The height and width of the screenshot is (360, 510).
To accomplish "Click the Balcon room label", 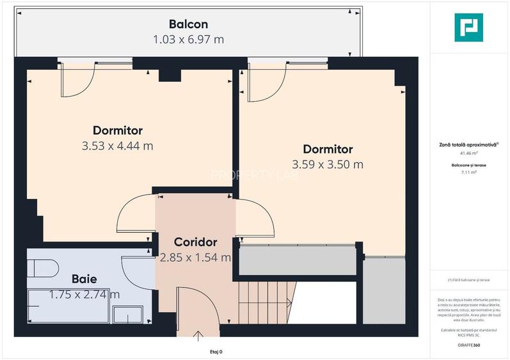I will click(188, 24).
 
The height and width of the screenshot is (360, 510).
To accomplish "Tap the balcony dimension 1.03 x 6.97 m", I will click(188, 40).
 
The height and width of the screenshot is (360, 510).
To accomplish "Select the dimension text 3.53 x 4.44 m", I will click(117, 146).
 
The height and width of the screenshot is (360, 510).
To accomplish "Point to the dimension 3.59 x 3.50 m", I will click(328, 164).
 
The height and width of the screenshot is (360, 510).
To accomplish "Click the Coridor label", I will click(196, 242).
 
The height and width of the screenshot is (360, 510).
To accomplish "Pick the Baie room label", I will click(84, 279).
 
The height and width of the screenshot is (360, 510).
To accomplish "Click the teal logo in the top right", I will click(470, 27).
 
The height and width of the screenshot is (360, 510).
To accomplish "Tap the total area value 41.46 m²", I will click(469, 153).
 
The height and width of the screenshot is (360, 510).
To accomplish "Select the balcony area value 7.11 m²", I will click(469, 171).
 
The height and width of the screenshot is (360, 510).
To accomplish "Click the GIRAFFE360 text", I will click(469, 345).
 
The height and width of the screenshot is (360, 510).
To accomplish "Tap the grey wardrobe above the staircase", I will click(297, 259).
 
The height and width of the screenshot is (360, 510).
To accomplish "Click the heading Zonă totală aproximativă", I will click(469, 145).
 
